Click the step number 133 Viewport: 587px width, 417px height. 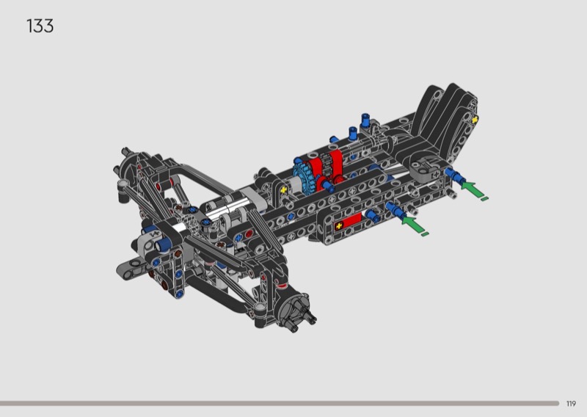point(40,26)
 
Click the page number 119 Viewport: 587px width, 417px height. point(571,404)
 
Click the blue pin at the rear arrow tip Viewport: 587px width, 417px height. point(452,174)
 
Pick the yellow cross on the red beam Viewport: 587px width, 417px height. point(339,226)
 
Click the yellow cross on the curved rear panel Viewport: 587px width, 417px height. point(475,120)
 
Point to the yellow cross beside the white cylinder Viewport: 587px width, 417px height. point(284,190)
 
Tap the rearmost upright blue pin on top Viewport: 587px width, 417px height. point(365,120)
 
